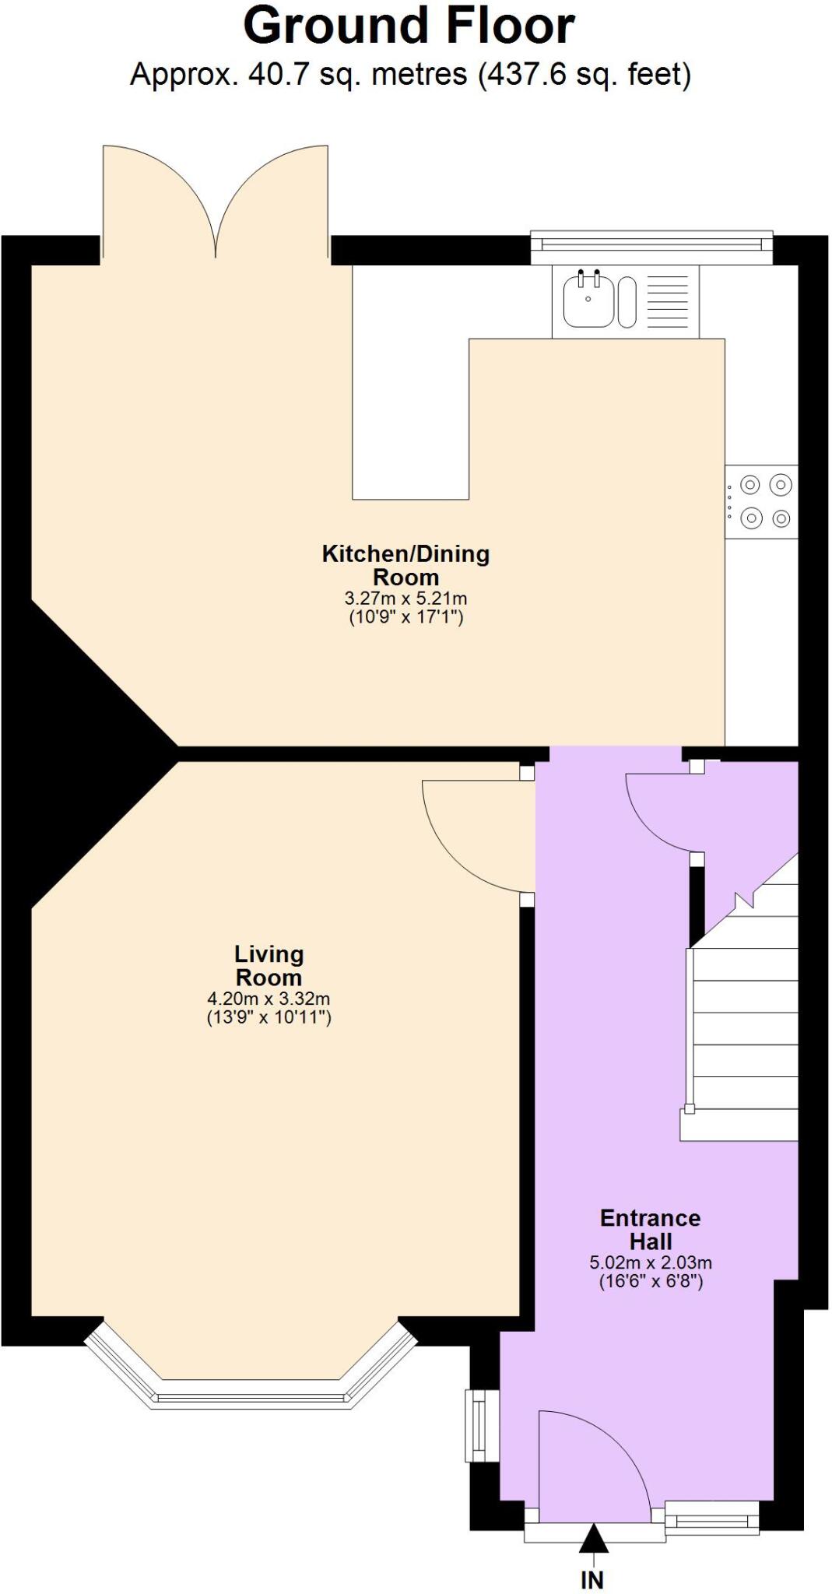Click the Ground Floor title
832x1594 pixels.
409,26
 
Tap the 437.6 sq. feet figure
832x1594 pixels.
585,75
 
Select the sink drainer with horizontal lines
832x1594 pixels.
667,302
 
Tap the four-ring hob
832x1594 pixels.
762,501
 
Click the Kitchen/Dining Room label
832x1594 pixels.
405,565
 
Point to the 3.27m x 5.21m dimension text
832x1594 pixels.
405,599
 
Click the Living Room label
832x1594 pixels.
269,965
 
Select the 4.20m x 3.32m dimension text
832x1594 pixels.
269,999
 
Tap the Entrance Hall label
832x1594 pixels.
650,1229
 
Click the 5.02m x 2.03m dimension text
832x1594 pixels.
650,1262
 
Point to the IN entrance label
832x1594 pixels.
592,1579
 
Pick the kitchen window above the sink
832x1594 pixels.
651,245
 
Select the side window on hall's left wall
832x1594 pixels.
480,1425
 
